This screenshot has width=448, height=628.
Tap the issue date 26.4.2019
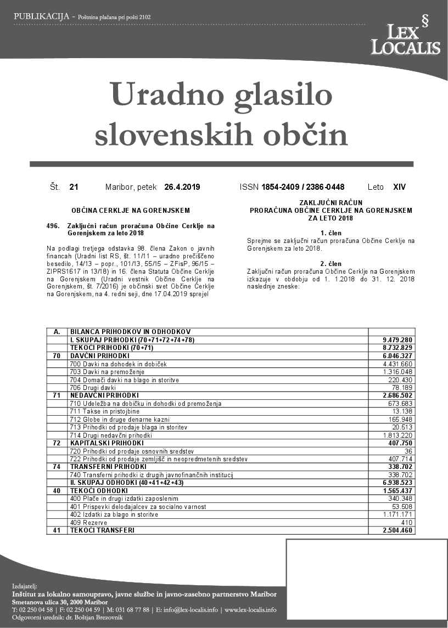pyautogui.click(x=182, y=187)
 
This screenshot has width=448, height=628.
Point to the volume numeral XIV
pyautogui.click(x=400, y=187)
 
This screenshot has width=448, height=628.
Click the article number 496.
pyautogui.click(x=53, y=225)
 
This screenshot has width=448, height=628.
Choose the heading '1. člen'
pyautogui.click(x=331, y=233)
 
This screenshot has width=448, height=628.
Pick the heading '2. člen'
pyautogui.click(x=331, y=264)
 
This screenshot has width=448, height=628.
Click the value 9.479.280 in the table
pyautogui.click(x=397, y=340)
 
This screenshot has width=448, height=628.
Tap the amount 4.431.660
pyautogui.click(x=397, y=364)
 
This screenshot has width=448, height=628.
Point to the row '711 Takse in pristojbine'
pyautogui.click(x=105, y=411)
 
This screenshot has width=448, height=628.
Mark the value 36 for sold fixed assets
pyautogui.click(x=408, y=451)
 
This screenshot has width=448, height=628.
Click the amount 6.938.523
pyautogui.click(x=397, y=483)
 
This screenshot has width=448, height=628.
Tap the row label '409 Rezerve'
pyautogui.click(x=88, y=523)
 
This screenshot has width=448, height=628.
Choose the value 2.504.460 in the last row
pyautogui.click(x=397, y=530)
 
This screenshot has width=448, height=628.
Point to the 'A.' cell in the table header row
pyautogui.click(x=57, y=332)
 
